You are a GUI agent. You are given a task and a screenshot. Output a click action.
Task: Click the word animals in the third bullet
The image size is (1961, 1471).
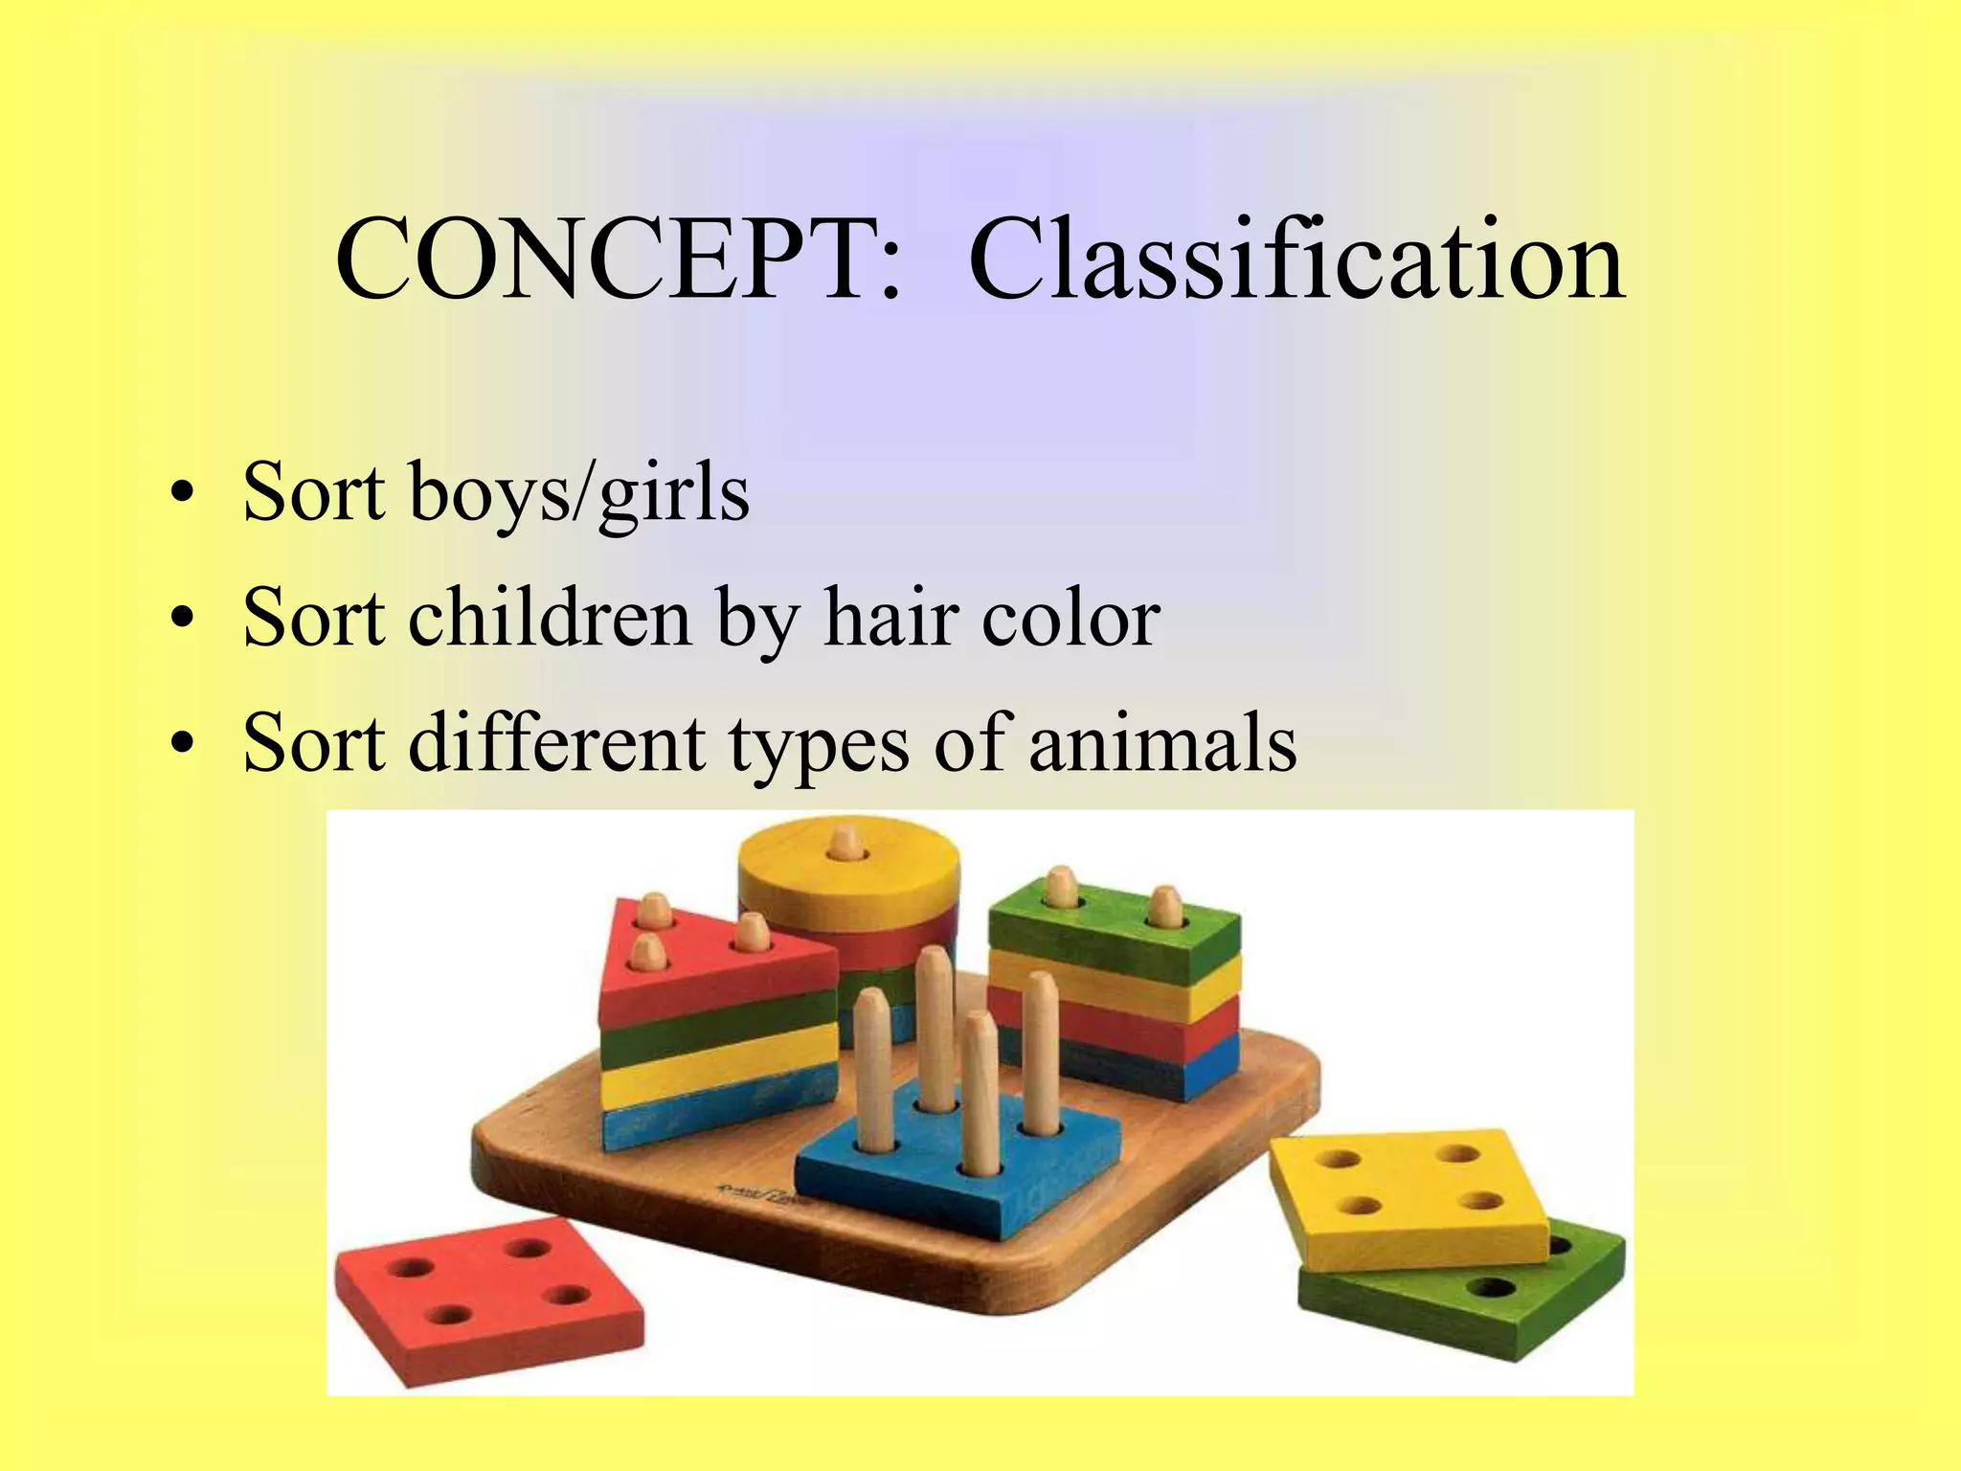pos(1162,744)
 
